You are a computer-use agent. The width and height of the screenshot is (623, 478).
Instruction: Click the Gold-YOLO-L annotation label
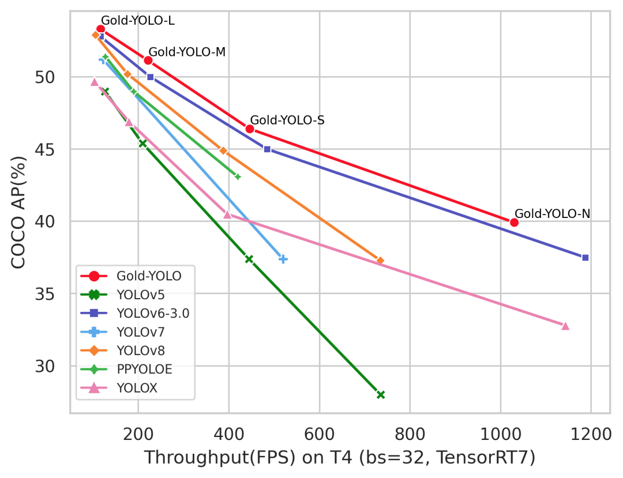(137, 21)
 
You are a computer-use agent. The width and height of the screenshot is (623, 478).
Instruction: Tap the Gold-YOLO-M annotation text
(187, 52)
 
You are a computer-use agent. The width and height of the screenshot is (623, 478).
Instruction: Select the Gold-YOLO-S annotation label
(287, 121)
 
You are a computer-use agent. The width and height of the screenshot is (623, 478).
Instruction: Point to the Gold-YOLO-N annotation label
(552, 214)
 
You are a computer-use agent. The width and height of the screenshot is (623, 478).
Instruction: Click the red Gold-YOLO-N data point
(514, 223)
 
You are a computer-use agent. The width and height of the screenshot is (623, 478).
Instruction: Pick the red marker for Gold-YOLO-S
(250, 129)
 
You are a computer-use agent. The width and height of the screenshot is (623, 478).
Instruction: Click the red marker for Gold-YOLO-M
(148, 61)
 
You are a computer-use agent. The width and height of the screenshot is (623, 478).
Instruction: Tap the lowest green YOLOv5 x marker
(381, 394)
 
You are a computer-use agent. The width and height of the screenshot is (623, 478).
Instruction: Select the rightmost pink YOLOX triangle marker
(565, 326)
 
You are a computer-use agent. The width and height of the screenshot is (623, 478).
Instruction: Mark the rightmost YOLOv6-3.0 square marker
(585, 257)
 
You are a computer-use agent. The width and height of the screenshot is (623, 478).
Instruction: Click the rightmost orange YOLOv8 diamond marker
(380, 261)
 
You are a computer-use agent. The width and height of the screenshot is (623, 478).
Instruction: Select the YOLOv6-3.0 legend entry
(152, 313)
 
